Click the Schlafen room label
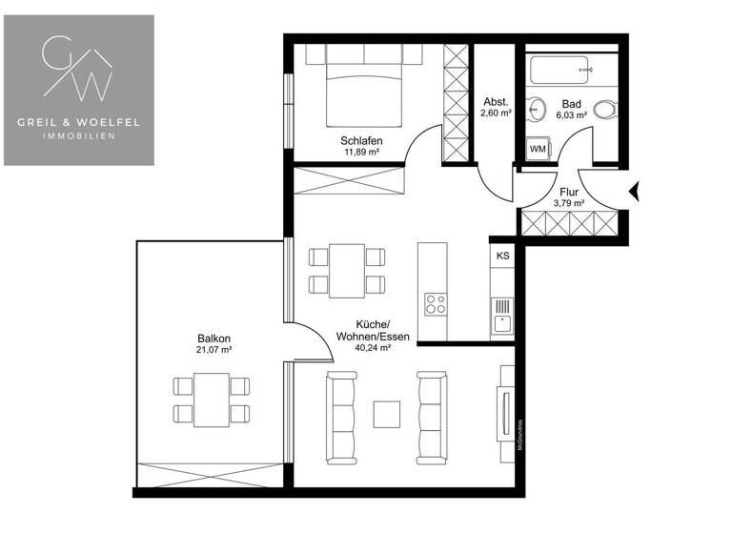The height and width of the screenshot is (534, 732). [x=361, y=140]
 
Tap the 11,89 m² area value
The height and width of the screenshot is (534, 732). [x=361, y=152]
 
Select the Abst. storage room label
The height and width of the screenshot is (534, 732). [x=496, y=101]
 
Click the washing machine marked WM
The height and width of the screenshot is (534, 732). [x=537, y=149]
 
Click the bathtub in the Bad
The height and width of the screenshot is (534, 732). [x=563, y=72]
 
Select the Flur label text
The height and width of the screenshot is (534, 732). [x=569, y=191]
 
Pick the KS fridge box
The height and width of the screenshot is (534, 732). [x=502, y=256]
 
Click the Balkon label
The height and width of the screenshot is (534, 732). [x=214, y=339]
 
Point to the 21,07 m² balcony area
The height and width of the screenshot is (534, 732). [x=214, y=350]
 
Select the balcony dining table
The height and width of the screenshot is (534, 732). [x=212, y=399]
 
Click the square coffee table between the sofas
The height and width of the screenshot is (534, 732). [x=386, y=414]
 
